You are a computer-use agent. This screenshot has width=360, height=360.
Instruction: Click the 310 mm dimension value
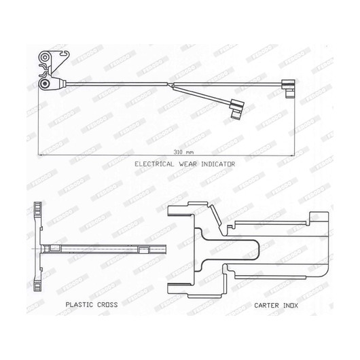[183, 152]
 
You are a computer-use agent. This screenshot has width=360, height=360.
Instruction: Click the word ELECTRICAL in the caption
[154, 164]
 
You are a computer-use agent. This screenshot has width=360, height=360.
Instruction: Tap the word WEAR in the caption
[187, 164]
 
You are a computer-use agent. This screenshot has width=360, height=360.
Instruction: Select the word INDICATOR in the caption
[218, 164]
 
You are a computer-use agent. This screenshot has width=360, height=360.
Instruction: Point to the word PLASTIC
[79, 305]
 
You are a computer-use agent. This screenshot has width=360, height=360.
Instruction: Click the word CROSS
[107, 305]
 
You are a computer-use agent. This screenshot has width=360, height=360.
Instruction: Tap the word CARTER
[266, 306]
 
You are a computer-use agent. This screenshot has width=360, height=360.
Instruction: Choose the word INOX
[291, 306]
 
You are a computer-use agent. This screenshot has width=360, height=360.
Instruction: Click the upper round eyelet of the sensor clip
[45, 57]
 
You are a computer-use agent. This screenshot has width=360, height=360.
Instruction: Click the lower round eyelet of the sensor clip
[45, 84]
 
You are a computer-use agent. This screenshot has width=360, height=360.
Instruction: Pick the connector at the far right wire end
[289, 88]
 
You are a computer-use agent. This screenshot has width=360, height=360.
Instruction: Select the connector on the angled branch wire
[237, 109]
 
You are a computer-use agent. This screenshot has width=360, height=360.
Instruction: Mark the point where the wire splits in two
[170, 84]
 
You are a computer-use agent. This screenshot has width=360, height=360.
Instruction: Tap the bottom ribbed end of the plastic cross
[37, 285]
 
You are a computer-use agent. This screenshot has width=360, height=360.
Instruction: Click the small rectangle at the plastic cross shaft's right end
[144, 250]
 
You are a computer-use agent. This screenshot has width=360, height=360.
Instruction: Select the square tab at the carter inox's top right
[319, 217]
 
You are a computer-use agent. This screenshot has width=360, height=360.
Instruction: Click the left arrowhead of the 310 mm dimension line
[40, 155]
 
